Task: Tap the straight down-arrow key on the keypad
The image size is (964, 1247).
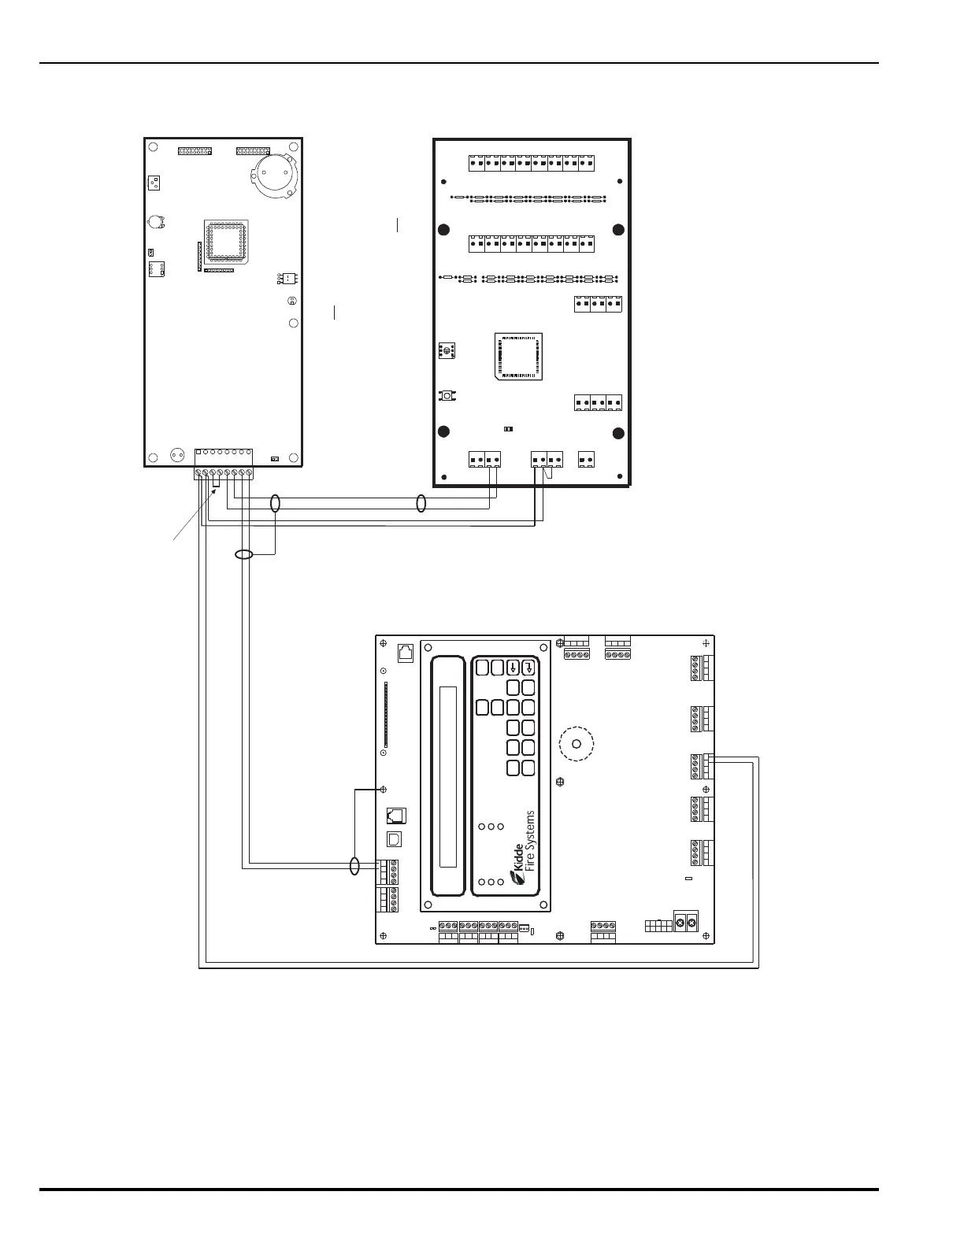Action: click(x=513, y=668)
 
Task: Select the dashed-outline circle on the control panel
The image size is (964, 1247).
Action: click(x=577, y=744)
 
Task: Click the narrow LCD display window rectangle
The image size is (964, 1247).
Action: click(x=448, y=777)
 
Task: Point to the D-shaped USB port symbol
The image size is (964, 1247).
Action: click(x=395, y=839)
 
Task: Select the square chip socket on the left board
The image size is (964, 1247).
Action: click(x=227, y=242)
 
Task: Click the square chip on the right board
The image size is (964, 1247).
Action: click(x=519, y=357)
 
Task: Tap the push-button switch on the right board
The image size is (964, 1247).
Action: click(x=447, y=396)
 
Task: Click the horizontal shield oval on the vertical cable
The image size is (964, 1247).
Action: click(x=244, y=554)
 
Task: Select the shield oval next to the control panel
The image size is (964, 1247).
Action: click(x=355, y=866)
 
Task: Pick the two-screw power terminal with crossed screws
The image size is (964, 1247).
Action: click(x=685, y=923)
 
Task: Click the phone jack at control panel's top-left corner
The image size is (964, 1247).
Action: click(x=406, y=653)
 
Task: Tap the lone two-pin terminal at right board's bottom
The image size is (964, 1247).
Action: click(x=586, y=460)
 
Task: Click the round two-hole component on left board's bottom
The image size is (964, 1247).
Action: click(x=178, y=455)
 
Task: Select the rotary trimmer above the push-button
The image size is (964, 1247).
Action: click(x=447, y=350)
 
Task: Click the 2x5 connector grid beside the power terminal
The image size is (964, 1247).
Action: click(x=658, y=926)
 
